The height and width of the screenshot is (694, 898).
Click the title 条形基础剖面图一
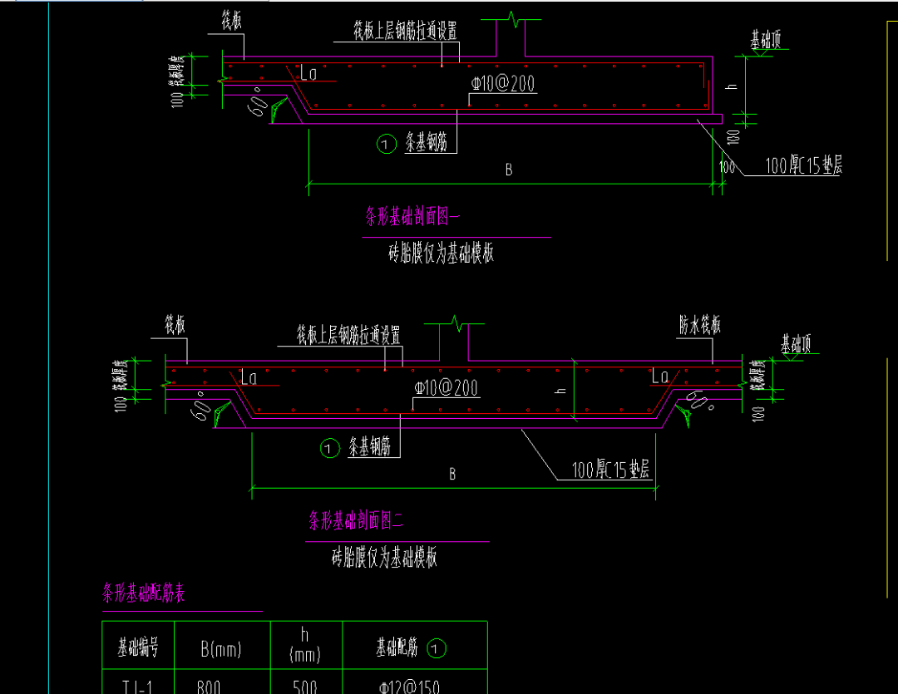point(412,218)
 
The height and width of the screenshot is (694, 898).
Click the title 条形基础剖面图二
point(355,522)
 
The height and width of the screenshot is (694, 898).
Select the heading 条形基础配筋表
point(143,594)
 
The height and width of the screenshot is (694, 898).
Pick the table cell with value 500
point(305,687)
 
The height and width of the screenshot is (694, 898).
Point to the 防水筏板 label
point(699,325)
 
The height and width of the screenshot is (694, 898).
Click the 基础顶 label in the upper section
point(766,40)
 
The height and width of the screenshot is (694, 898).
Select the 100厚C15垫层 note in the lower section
point(610,470)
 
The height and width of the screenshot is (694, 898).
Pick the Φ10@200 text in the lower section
point(446,389)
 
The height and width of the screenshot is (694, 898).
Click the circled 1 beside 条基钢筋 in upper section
point(386,145)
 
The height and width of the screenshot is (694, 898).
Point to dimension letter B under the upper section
point(509,170)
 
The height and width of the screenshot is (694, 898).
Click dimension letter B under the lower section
point(452,475)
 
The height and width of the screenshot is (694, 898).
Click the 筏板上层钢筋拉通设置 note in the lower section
point(349,335)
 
